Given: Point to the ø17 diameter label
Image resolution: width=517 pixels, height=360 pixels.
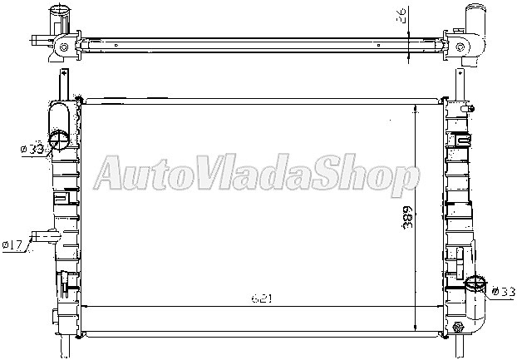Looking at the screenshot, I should coord(12,244).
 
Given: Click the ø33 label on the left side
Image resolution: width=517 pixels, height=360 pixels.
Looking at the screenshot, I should coord(32,149).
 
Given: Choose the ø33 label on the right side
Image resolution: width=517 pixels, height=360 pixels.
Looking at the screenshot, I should coord(504,291).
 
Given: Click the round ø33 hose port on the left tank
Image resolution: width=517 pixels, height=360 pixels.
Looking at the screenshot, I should coord(60,138).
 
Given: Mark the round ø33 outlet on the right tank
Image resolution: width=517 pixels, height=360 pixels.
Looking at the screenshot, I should coord(475,285).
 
